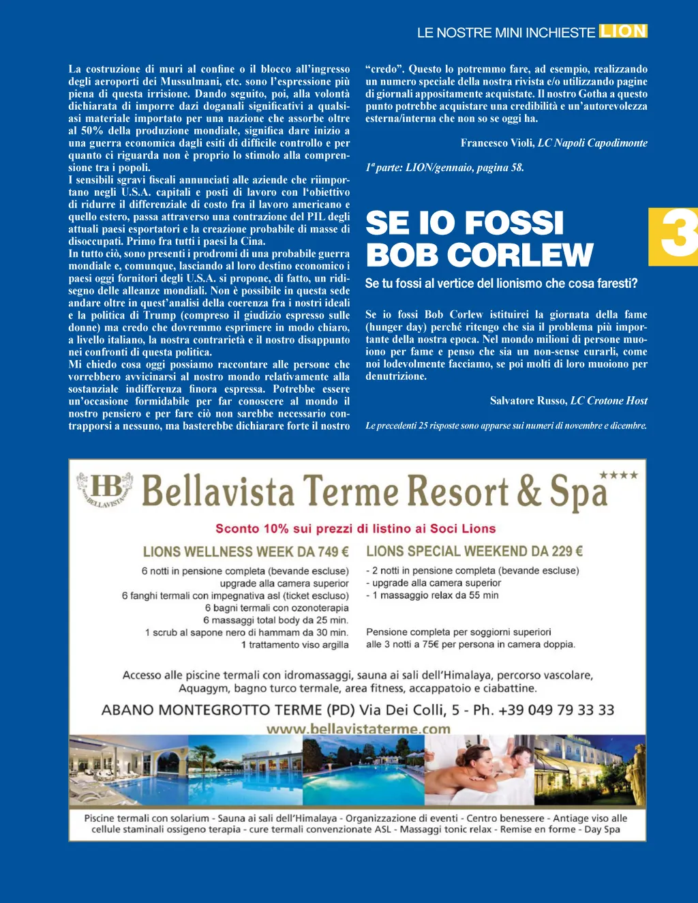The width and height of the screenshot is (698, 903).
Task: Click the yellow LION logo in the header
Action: [623, 31]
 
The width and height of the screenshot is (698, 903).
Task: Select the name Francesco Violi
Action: [497, 143]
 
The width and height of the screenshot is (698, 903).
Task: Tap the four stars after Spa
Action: [618, 475]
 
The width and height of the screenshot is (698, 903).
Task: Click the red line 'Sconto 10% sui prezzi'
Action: [355, 529]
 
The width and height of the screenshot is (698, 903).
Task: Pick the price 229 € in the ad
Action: [567, 551]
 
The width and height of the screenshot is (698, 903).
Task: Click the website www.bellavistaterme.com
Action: [359, 729]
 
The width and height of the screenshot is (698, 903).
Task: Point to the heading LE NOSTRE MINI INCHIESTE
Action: [506, 33]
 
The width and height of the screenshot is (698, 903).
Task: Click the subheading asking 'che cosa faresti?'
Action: [501, 283]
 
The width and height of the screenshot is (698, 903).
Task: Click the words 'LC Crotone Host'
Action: [609, 401]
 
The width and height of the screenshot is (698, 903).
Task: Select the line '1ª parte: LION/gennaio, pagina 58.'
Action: [444, 168]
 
